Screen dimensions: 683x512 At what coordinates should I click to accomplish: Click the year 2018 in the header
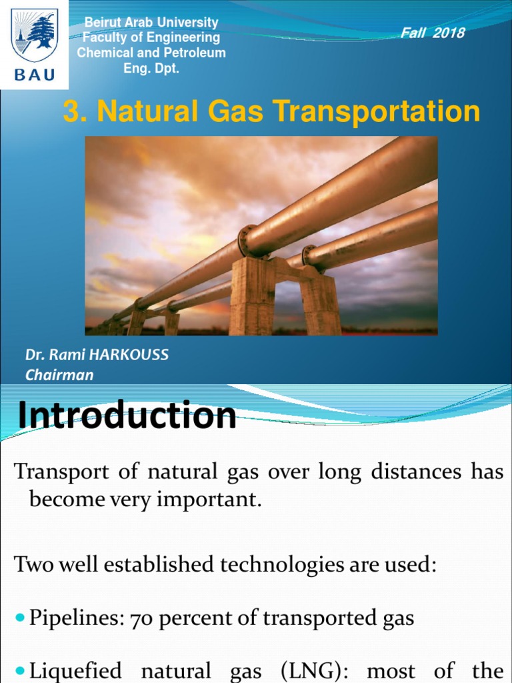tap(449, 33)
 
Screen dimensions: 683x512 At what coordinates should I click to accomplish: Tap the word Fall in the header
tap(413, 33)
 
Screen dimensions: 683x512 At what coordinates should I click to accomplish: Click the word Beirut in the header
tap(99, 23)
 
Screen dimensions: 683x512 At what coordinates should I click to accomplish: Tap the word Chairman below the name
tap(59, 375)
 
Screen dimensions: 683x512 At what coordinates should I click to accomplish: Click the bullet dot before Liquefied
tap(19, 670)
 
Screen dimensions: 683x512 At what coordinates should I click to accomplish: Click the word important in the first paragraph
tap(211, 501)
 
